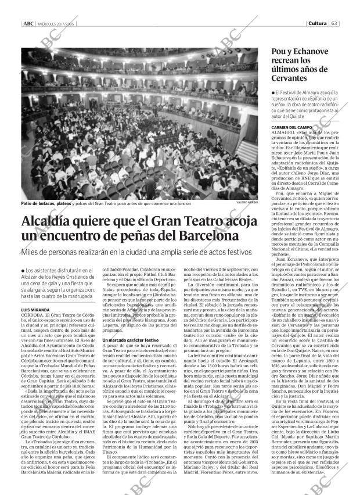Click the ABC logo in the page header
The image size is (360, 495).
tap(27, 24)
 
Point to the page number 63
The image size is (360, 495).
tap(335, 24)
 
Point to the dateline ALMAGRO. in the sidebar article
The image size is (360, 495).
tap(283, 132)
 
